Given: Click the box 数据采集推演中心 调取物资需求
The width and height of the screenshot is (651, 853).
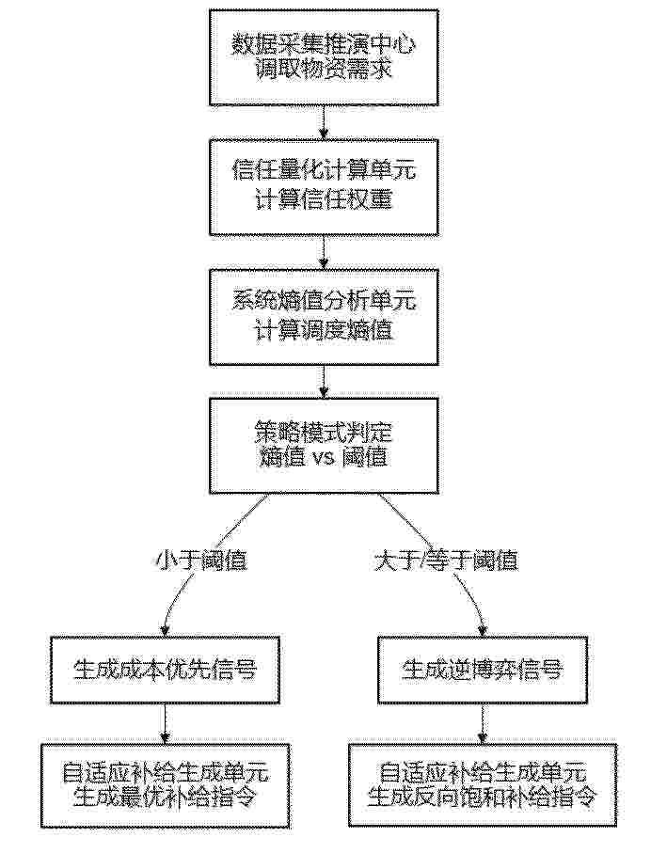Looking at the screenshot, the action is click(324, 57).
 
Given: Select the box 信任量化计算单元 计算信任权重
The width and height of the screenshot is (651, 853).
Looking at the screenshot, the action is click(324, 187).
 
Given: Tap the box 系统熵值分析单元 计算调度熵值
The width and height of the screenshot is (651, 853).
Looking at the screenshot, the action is click(324, 317).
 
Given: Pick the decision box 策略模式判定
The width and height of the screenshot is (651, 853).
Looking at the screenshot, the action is click(324, 446).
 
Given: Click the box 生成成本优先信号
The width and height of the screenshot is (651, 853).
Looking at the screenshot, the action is click(165, 670).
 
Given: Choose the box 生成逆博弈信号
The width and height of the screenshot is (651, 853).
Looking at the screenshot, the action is click(483, 670).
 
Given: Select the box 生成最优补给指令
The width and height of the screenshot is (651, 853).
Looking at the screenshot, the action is click(165, 784).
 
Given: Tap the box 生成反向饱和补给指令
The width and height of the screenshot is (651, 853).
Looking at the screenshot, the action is click(483, 784).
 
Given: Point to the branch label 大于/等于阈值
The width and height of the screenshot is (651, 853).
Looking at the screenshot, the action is click(446, 561).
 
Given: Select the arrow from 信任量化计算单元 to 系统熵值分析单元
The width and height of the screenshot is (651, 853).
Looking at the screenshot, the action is click(325, 252).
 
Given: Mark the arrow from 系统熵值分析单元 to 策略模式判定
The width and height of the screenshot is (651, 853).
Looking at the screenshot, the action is click(325, 382).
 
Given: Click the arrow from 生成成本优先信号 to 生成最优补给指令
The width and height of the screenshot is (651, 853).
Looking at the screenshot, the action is click(165, 723).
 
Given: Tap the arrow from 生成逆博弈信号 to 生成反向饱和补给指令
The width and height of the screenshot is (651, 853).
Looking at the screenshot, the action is click(483, 723).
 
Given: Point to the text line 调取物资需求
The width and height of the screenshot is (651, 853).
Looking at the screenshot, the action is click(324, 71).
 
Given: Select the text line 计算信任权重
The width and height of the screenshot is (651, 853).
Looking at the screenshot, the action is click(324, 200).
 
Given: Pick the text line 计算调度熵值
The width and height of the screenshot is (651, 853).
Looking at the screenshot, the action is click(324, 331).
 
